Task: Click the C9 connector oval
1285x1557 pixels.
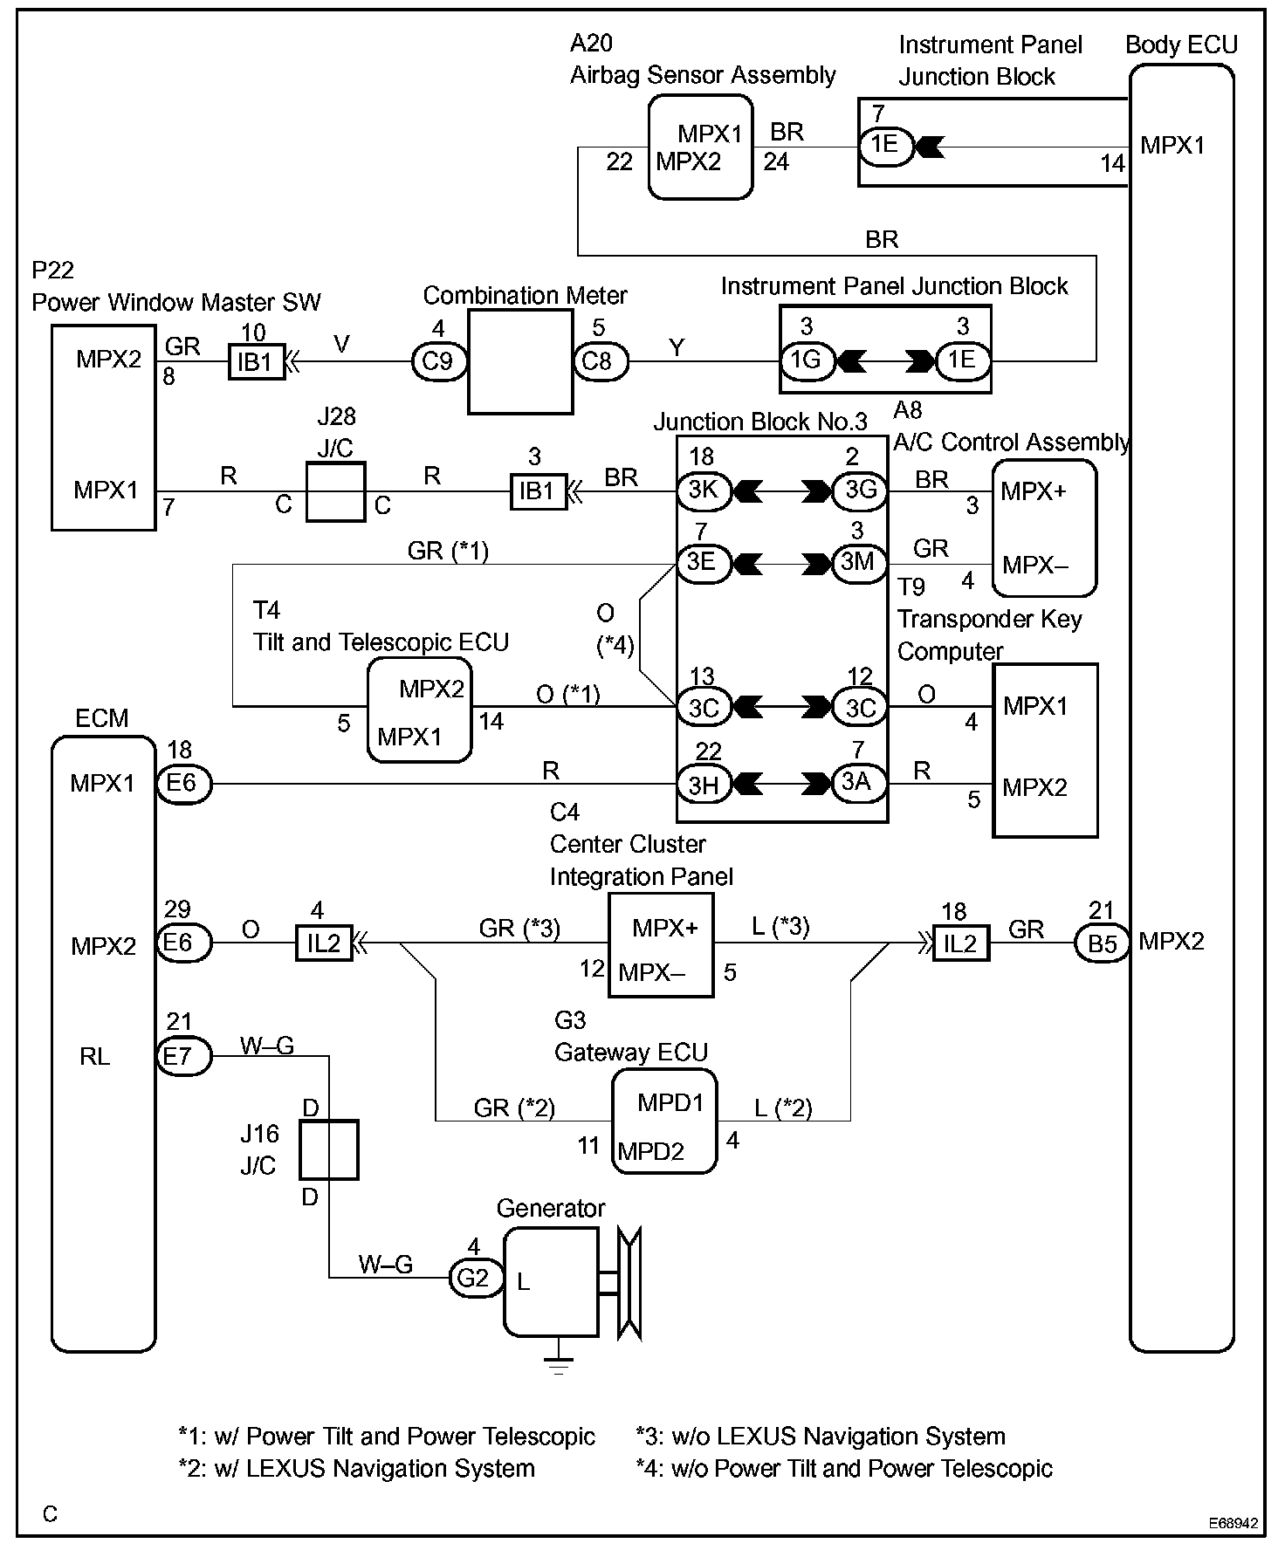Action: click(438, 361)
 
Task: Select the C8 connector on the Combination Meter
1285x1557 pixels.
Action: click(600, 361)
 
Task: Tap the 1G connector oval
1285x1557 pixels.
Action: click(807, 360)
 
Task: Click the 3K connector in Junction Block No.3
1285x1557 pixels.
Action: click(704, 491)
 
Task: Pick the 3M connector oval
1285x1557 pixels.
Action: click(859, 562)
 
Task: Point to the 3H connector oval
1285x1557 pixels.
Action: click(704, 785)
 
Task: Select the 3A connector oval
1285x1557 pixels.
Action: click(859, 783)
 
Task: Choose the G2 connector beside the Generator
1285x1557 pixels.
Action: click(475, 1279)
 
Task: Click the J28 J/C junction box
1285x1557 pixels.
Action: click(335, 492)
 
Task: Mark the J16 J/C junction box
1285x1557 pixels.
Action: click(329, 1149)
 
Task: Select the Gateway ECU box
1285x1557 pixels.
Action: click(664, 1121)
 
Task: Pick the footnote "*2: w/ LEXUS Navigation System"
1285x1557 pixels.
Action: click(356, 1469)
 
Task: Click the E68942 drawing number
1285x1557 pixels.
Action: click(1233, 1524)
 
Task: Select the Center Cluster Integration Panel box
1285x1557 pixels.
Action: click(661, 945)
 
